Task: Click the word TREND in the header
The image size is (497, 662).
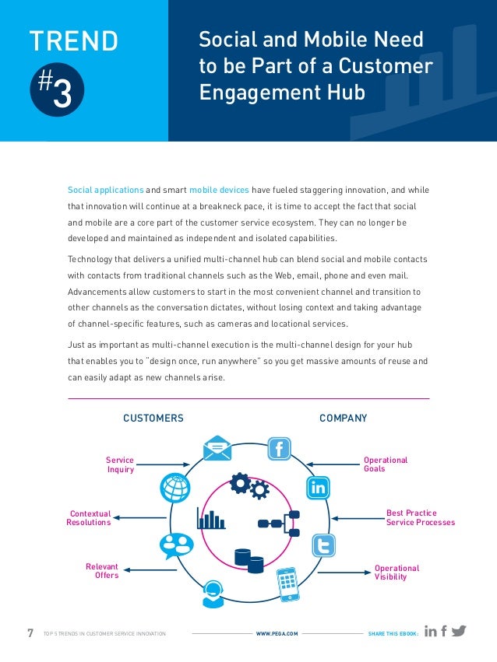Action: [x=74, y=41]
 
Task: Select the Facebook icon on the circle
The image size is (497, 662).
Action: [x=279, y=449]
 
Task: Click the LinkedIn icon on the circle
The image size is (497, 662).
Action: [x=319, y=488]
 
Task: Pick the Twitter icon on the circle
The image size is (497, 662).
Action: [x=323, y=545]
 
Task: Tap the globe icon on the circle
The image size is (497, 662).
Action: [x=174, y=487]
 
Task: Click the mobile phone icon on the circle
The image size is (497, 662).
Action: [x=287, y=583]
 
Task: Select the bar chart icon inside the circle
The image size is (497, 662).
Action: [x=210, y=518]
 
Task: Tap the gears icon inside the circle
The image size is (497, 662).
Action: [x=250, y=486]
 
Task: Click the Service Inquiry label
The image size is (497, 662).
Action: [x=120, y=465]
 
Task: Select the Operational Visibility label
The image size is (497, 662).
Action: [x=397, y=573]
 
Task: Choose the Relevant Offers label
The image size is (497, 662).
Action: [x=102, y=572]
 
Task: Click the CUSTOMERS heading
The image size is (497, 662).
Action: [x=153, y=419]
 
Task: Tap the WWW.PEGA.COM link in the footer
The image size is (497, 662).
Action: [x=277, y=634]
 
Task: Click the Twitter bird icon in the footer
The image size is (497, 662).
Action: [x=459, y=632]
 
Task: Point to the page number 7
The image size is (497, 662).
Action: [x=30, y=633]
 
